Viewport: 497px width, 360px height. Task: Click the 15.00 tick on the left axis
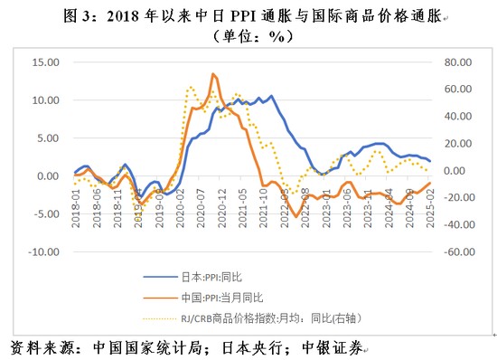(x=44, y=62)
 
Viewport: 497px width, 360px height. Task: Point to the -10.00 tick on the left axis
(x=42, y=253)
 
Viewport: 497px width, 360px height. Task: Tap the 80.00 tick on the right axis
(x=454, y=62)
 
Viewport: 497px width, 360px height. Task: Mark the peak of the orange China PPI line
(x=212, y=74)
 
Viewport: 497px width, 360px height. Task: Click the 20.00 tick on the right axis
(x=454, y=143)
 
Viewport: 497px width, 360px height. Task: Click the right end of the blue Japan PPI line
(x=430, y=161)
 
